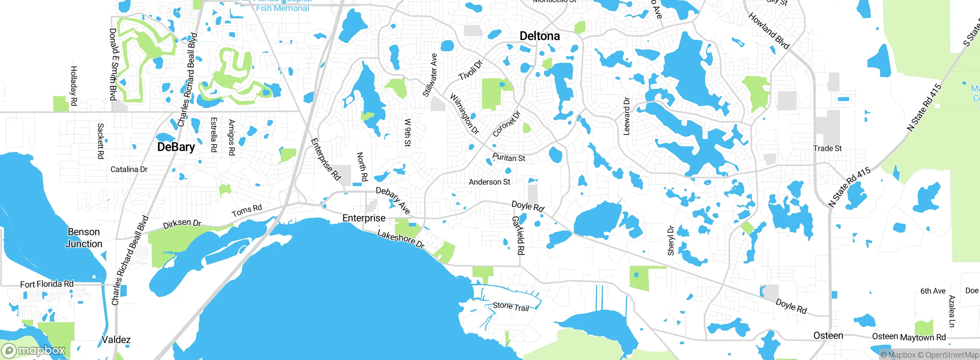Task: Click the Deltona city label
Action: tap(539, 36)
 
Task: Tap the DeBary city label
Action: tap(176, 147)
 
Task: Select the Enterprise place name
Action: tap(364, 218)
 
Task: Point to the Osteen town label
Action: tap(828, 336)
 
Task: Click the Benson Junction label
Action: tap(84, 238)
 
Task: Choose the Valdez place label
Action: tap(116, 340)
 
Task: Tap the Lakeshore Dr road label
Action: tap(401, 239)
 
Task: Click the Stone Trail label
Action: tap(511, 306)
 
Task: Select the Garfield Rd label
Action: tap(518, 235)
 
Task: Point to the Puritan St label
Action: tap(508, 158)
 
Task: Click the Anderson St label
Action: tap(489, 182)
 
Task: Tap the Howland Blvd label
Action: tap(769, 31)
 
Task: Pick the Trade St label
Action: tap(827, 148)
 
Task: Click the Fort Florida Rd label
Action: tap(47, 284)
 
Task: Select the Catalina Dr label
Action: tap(129, 169)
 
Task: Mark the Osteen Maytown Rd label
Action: tap(909, 337)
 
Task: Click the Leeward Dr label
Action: tap(627, 116)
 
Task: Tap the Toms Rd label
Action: tap(247, 210)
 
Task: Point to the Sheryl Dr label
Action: tap(671, 241)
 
